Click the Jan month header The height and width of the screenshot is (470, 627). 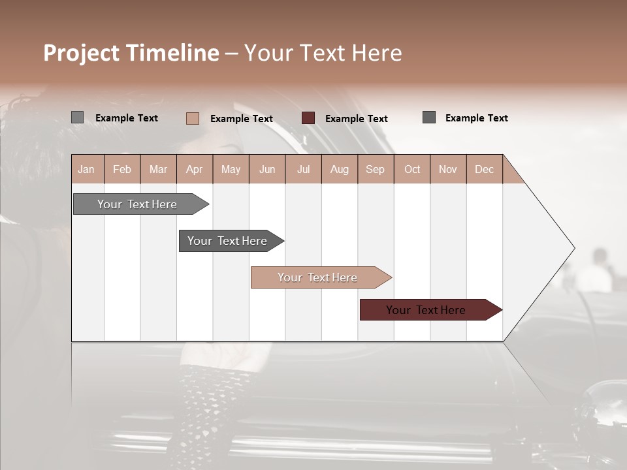(87, 169)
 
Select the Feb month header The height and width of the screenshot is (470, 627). (122, 169)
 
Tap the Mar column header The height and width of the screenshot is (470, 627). (158, 169)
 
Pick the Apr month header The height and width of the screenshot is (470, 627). (195, 169)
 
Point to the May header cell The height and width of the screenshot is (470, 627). (231, 169)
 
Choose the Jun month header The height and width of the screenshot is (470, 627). (267, 169)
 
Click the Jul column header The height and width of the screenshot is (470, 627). (303, 169)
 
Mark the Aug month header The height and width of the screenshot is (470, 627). (340, 169)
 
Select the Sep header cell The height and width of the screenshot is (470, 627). (376, 169)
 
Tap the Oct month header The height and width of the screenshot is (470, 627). (412, 169)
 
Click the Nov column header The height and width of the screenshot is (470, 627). (448, 169)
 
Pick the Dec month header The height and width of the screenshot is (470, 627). (485, 169)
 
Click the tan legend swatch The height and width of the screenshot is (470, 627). (193, 118)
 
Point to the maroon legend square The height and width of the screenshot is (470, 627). (308, 118)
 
